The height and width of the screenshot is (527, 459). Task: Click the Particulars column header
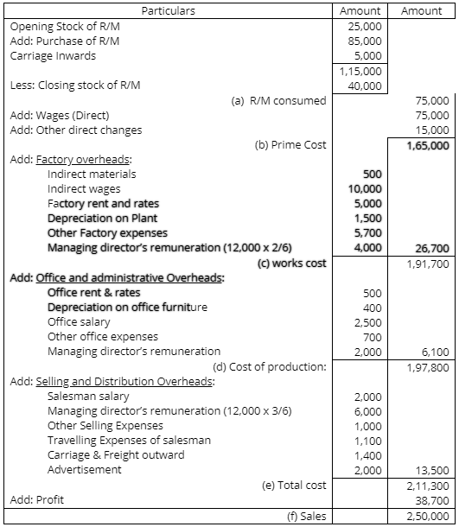(169, 11)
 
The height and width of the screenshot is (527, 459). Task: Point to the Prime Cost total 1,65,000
(428, 145)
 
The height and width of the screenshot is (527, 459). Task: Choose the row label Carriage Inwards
(54, 55)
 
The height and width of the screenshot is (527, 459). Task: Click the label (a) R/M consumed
(279, 100)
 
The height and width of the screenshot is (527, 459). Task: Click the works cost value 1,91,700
(428, 263)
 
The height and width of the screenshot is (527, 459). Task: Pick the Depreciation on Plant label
(102, 218)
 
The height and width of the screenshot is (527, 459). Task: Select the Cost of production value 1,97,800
(428, 367)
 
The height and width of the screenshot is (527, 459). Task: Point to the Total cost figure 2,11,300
(428, 486)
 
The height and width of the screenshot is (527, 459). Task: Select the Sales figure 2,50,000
(428, 516)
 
